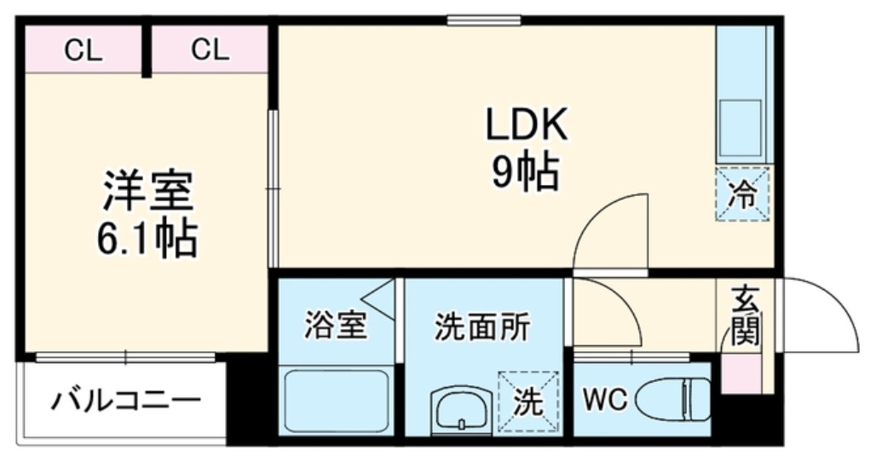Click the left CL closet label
pyautogui.click(x=84, y=50)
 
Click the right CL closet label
pyautogui.click(x=210, y=49)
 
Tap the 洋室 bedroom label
pyautogui.click(x=148, y=190)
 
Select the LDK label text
pyautogui.click(x=527, y=125)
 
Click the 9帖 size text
pyautogui.click(x=526, y=171)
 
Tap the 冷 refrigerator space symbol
pyautogui.click(x=742, y=194)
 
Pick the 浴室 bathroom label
pyautogui.click(x=336, y=326)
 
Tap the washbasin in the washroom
pyautogui.click(x=461, y=410)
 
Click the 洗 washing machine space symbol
pyautogui.click(x=528, y=401)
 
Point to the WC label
pyautogui.click(x=605, y=400)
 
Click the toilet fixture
pyautogui.click(x=673, y=400)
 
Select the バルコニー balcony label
pyautogui.click(x=126, y=401)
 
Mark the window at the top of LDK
pyautogui.click(x=484, y=20)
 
